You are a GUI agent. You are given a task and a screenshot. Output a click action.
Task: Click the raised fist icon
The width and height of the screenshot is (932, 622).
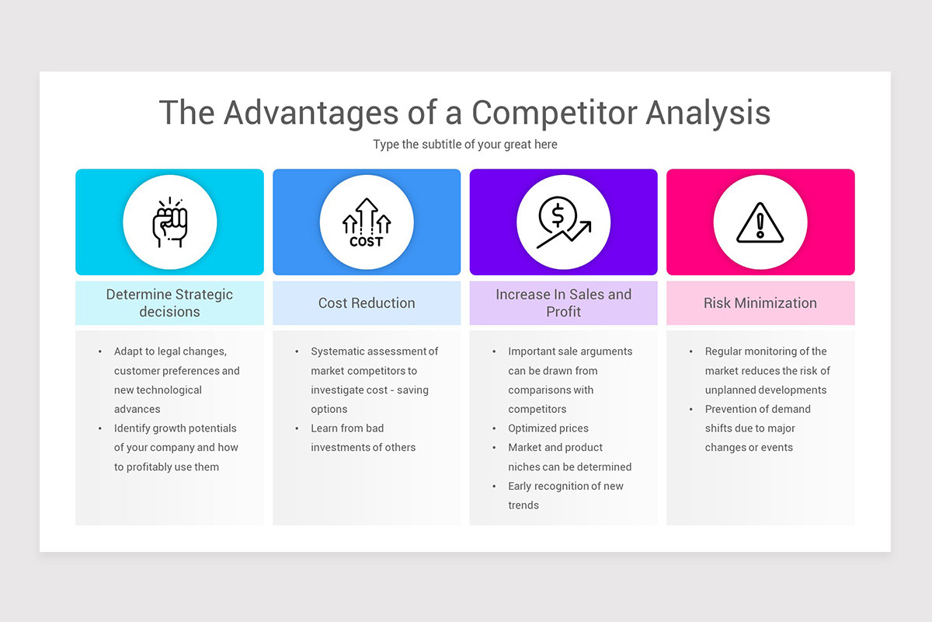pyautogui.click(x=169, y=222)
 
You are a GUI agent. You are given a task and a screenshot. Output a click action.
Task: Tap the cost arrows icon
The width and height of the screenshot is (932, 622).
pyautogui.click(x=367, y=222)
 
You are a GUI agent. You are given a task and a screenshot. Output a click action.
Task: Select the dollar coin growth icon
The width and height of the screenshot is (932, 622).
pyautogui.click(x=563, y=222)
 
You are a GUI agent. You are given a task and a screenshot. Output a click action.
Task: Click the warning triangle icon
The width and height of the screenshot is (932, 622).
pyautogui.click(x=760, y=223)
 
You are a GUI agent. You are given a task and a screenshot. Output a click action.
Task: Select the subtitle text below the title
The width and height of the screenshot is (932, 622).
pyautogui.click(x=464, y=144)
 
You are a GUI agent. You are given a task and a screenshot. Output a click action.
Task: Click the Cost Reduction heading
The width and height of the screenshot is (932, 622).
pyautogui.click(x=367, y=303)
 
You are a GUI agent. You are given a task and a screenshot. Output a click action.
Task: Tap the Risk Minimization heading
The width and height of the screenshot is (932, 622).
pyautogui.click(x=760, y=303)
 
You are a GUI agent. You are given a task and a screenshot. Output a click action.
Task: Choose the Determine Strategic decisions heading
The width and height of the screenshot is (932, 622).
pyautogui.click(x=169, y=303)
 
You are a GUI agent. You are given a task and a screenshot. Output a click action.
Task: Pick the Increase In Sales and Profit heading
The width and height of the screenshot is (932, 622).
pyautogui.click(x=563, y=303)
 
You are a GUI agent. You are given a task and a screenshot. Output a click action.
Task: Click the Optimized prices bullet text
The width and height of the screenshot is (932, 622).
pyautogui.click(x=548, y=428)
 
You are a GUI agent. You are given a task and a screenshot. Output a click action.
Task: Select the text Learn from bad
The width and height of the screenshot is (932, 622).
pyautogui.click(x=347, y=428)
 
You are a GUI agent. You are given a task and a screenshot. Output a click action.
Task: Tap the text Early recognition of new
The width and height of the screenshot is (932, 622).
pyautogui.click(x=565, y=486)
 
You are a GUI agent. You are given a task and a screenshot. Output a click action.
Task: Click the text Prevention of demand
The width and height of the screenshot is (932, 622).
pyautogui.click(x=757, y=409)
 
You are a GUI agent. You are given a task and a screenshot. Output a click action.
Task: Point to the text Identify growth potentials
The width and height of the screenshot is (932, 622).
pyautogui.click(x=175, y=428)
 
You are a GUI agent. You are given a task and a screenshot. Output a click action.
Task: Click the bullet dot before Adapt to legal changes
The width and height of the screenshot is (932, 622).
pyautogui.click(x=100, y=351)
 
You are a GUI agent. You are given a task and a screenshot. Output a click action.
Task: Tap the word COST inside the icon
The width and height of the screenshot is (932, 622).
pyautogui.click(x=367, y=242)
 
